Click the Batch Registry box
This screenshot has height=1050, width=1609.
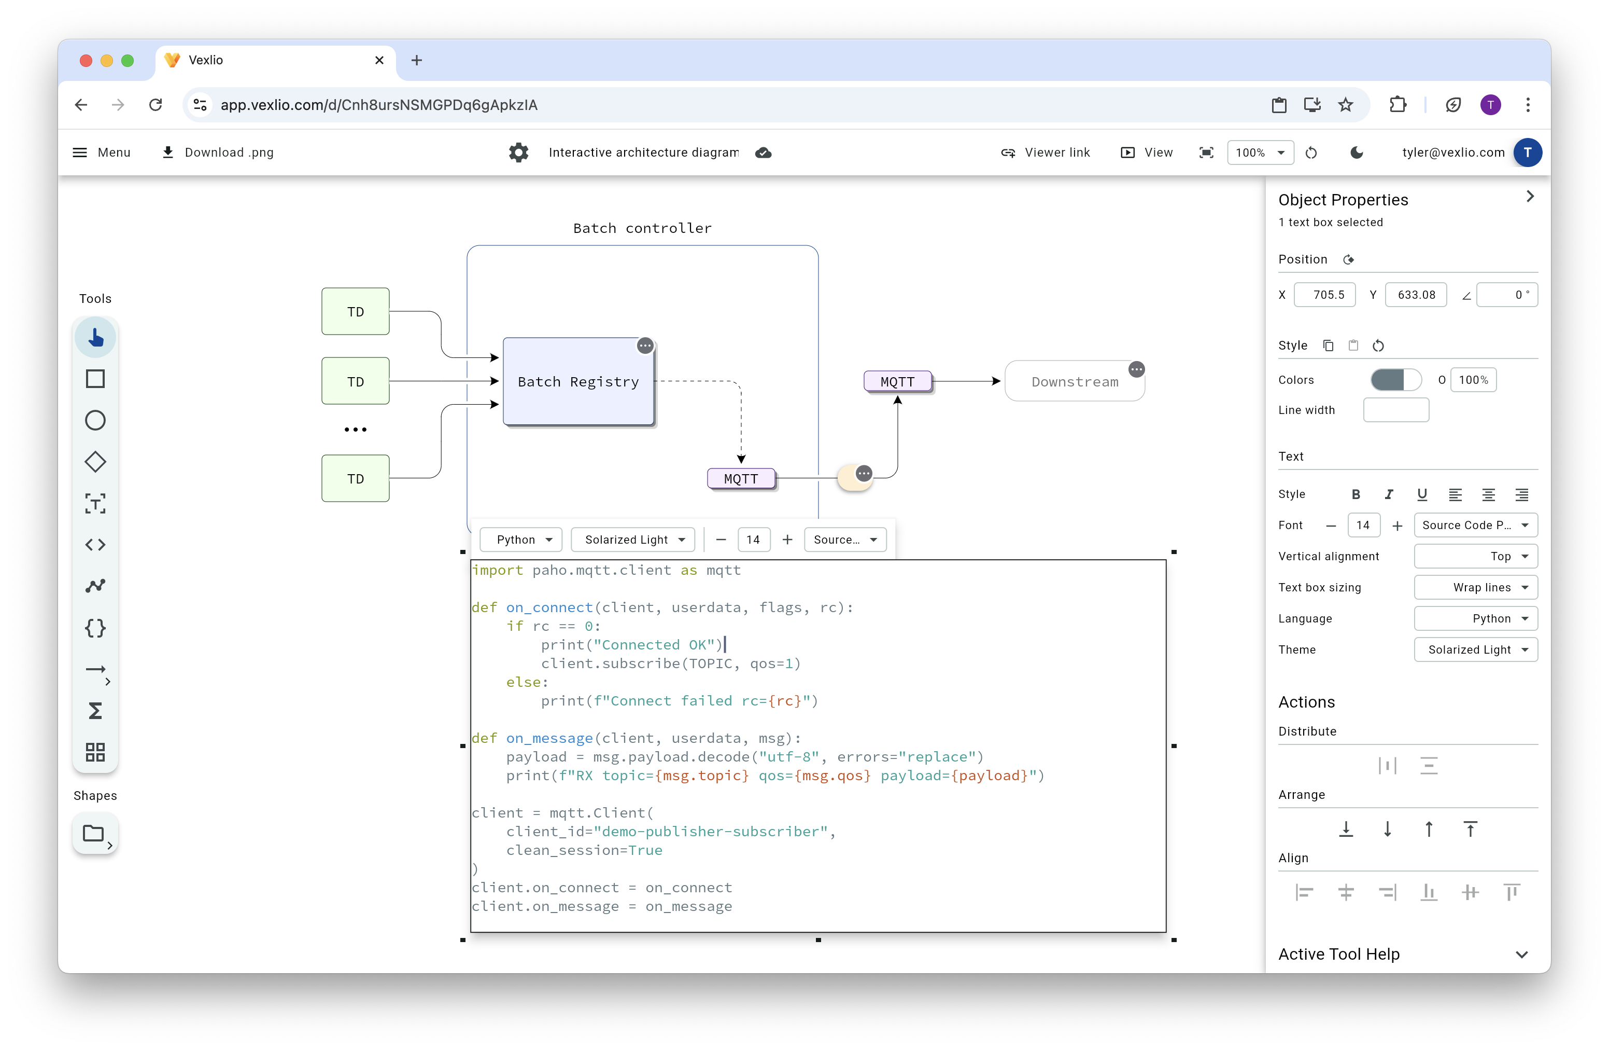click(578, 382)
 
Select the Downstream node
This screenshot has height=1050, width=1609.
click(1074, 382)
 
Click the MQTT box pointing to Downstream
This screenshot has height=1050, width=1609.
click(897, 382)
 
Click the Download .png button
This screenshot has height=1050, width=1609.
click(218, 152)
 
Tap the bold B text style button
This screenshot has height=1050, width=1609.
click(1356, 494)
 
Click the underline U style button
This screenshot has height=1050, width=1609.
click(1422, 494)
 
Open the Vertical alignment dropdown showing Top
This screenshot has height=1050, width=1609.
click(1475, 556)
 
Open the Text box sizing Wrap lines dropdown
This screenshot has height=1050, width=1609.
click(1475, 587)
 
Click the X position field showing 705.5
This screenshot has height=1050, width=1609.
click(1324, 295)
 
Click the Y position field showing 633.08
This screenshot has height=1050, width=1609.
click(1416, 295)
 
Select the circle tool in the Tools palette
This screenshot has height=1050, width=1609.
click(95, 420)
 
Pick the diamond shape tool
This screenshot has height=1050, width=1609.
click(95, 462)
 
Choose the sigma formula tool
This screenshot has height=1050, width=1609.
click(95, 711)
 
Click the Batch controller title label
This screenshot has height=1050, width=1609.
click(642, 228)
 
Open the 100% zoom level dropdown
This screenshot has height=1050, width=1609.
click(1260, 152)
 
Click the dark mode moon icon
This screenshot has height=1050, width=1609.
click(1356, 152)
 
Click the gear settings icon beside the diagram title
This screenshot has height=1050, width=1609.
click(518, 152)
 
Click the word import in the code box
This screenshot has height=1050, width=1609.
click(498, 570)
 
